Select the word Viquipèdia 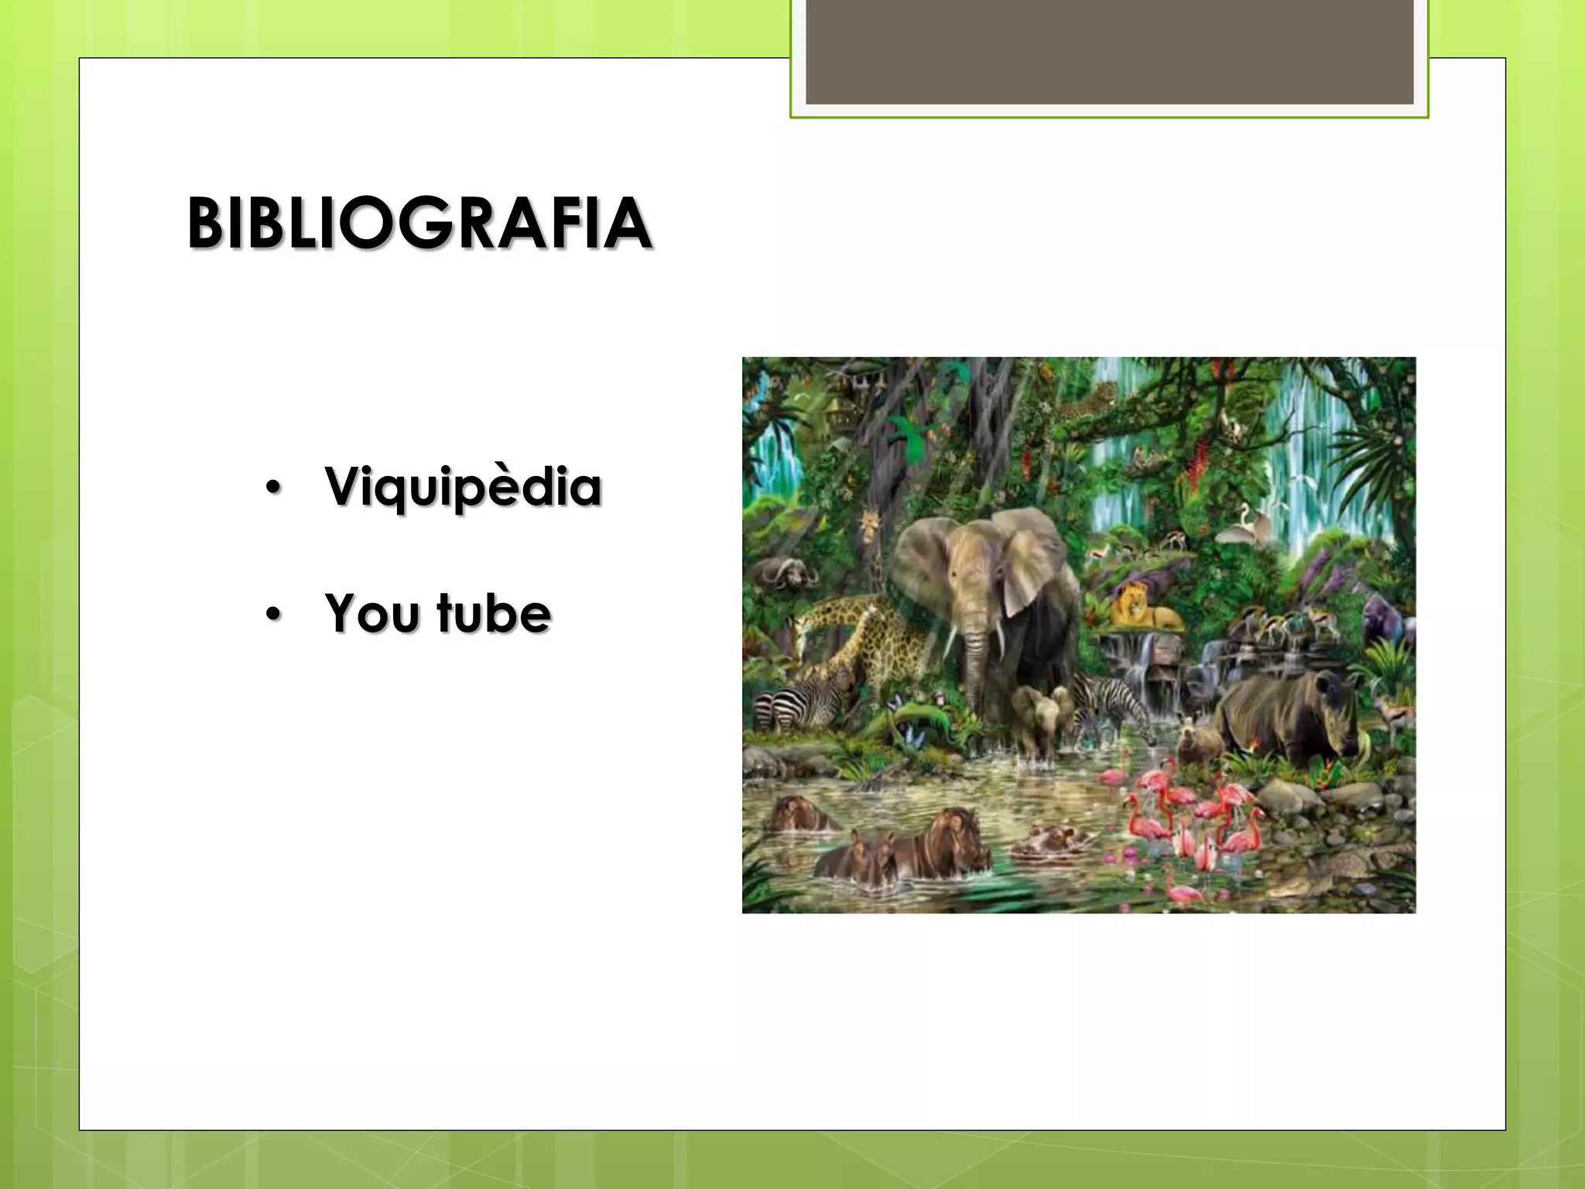[x=463, y=487]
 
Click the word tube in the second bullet [x=494, y=613]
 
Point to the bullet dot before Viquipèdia [x=272, y=488]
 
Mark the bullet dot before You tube [x=272, y=614]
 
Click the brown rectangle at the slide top [x=1109, y=51]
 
